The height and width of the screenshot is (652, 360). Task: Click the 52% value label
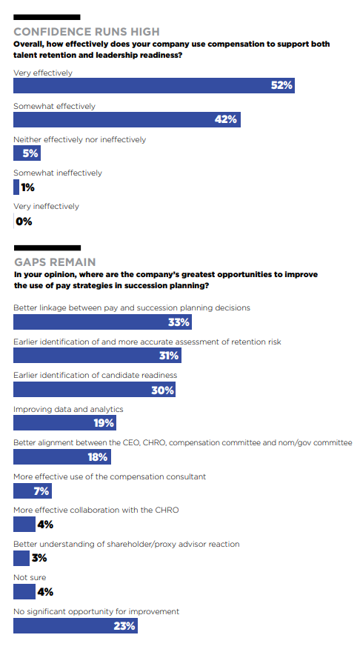281,85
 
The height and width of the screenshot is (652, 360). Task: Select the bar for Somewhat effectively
127,119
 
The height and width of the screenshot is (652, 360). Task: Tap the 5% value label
30,153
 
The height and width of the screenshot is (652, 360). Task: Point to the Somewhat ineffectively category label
57,173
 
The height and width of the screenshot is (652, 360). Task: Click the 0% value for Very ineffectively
24,222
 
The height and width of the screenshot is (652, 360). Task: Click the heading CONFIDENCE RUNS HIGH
87,32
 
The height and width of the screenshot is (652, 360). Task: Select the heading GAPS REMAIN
55,262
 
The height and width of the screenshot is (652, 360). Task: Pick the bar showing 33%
102,322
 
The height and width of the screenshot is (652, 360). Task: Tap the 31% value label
169,356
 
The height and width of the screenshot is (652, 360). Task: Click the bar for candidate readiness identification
94,390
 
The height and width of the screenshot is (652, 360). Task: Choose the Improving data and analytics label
68,409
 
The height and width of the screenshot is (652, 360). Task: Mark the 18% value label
98,457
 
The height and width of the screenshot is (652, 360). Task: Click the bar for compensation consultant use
33,490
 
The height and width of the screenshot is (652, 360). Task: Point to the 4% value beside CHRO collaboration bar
45,525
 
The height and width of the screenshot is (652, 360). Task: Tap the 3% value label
39,558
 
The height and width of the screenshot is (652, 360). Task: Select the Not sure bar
24,592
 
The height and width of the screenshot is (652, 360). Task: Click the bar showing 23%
76,626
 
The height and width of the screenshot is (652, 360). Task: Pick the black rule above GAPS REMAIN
47,247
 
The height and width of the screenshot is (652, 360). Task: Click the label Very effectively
43,73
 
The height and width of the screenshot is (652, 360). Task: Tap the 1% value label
27,187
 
